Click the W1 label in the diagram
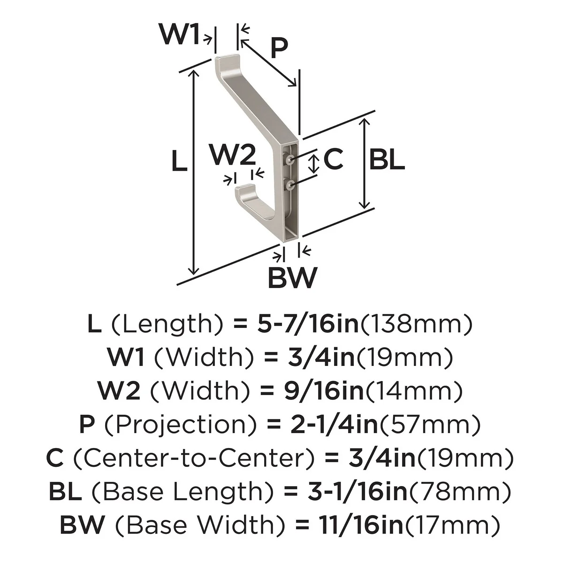179,34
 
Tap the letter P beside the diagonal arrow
279,48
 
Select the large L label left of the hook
179,160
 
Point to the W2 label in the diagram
233,155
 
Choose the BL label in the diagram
387,160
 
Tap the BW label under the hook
292,278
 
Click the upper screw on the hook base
290,159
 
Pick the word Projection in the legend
180,425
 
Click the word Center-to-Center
194,458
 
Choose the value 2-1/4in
334,425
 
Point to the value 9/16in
324,391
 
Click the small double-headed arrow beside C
314,164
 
